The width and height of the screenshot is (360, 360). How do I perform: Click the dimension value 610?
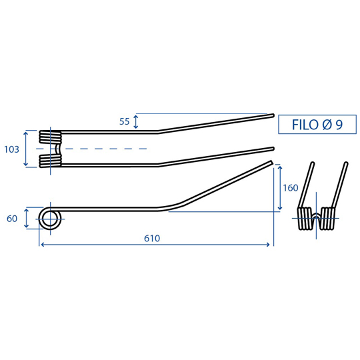(x=152, y=239)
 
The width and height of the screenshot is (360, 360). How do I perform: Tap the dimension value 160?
(x=291, y=188)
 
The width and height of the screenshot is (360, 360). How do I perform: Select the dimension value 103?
(x=11, y=149)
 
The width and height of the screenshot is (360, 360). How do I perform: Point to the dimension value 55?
(x=125, y=121)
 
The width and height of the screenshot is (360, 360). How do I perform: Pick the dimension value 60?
(x=12, y=219)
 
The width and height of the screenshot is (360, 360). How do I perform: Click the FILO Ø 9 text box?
(x=317, y=125)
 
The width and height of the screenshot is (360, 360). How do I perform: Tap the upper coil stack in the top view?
(x=50, y=137)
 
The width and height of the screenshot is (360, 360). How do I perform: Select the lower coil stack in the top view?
(x=50, y=161)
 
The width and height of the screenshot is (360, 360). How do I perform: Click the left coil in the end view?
(x=305, y=219)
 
